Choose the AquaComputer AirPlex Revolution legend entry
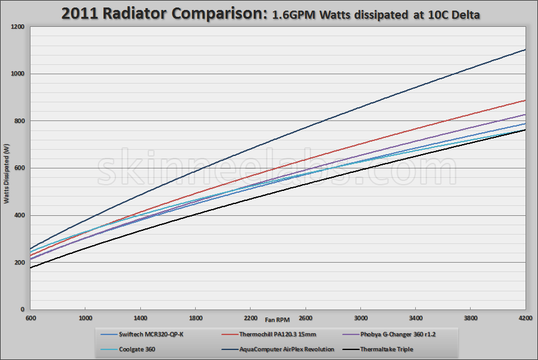[286, 349]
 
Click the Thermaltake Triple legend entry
[387, 349]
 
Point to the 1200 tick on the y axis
[17, 27]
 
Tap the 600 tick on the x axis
[30, 318]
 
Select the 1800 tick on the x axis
[196, 318]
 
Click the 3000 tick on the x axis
[361, 318]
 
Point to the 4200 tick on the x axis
[526, 318]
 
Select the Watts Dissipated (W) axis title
[7, 174]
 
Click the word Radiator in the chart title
[138, 14]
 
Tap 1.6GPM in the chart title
[294, 15]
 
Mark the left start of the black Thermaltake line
[30, 268]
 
